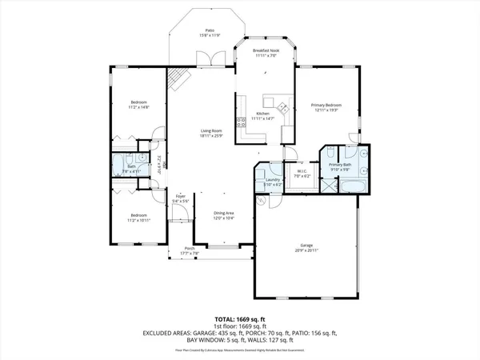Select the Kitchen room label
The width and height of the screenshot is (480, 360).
tap(262, 117)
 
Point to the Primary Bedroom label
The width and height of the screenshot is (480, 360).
tap(327, 107)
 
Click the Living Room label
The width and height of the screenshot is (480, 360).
tap(211, 133)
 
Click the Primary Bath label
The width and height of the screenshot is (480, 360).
tap(340, 166)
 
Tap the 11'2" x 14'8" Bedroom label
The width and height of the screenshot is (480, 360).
tap(139, 105)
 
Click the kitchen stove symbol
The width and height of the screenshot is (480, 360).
tap(242, 125)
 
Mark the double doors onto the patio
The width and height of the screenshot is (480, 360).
tap(210, 58)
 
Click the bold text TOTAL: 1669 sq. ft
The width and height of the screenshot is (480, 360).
tap(239, 318)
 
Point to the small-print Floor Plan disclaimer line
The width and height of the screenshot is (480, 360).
tap(239, 350)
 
